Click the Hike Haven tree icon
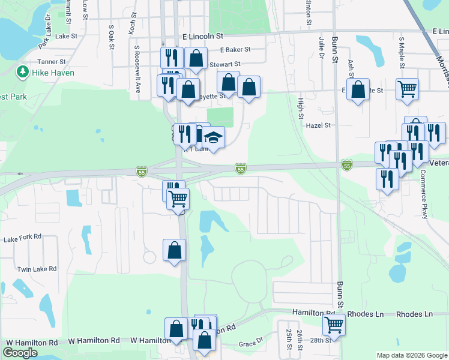[23, 73]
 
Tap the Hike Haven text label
[53, 73]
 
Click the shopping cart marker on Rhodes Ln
[333, 325]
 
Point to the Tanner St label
[51, 62]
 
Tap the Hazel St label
[319, 125]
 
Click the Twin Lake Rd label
[37, 269]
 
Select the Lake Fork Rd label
[22, 238]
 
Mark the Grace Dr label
[251, 344]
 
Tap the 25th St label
[289, 339]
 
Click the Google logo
[20, 352]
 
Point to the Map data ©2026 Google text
[411, 355]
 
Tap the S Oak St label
[111, 37]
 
